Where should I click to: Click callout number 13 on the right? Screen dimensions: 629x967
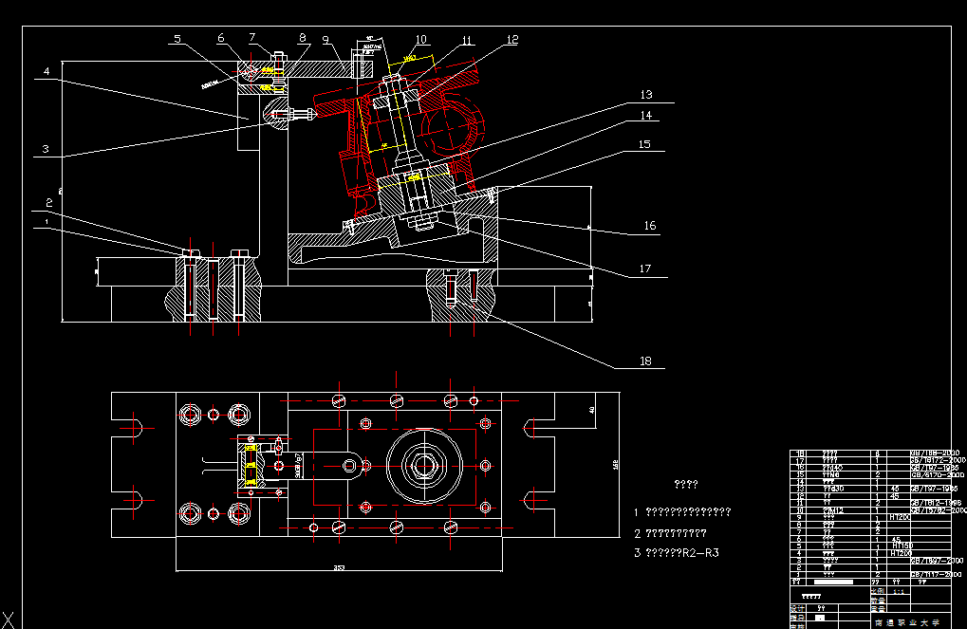click(645, 95)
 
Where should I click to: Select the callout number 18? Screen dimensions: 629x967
click(645, 361)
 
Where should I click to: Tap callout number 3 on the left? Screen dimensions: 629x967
click(44, 149)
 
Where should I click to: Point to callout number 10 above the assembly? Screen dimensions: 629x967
click(420, 40)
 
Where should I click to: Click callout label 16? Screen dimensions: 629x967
click(650, 226)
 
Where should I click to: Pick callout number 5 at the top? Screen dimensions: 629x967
click(177, 39)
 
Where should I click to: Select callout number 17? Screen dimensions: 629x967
click(644, 269)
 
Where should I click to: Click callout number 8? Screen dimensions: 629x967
click(303, 38)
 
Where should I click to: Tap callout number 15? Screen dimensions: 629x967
click(643, 144)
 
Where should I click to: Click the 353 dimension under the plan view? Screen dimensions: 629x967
click(339, 568)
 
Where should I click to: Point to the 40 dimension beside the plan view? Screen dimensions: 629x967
click(590, 410)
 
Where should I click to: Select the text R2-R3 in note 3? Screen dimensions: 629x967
click(700, 552)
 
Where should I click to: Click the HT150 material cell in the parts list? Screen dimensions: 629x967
click(902, 546)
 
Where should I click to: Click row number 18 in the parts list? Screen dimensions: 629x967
click(799, 453)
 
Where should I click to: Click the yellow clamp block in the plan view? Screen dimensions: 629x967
click(251, 465)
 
